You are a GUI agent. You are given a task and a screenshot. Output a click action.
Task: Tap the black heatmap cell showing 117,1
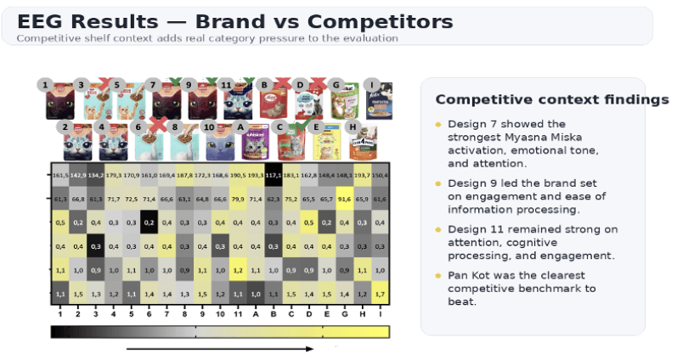274,175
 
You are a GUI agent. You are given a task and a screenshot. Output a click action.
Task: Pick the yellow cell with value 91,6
345,199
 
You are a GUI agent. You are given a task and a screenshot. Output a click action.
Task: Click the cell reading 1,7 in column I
381,294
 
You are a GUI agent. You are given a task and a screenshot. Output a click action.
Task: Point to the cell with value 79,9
238,199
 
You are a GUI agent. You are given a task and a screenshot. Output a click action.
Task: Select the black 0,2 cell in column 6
149,222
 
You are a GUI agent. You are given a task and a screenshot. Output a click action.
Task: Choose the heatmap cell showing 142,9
77,175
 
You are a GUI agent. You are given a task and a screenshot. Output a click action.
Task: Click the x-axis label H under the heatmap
363,313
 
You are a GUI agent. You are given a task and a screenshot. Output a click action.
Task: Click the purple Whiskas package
253,145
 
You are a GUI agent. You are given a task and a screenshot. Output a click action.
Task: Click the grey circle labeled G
336,86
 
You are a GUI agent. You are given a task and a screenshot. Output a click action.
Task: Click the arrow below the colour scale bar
221,348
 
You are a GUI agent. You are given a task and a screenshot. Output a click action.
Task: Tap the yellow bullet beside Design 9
438,183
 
